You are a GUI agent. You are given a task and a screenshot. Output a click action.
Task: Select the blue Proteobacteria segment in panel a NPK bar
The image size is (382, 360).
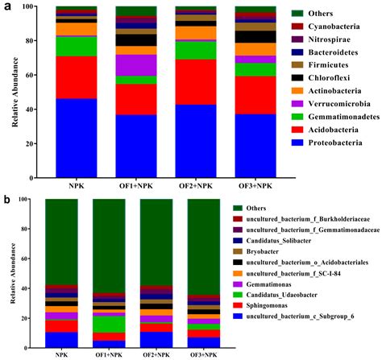(76, 136)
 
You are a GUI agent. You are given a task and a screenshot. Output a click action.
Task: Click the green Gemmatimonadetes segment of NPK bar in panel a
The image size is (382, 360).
(76, 46)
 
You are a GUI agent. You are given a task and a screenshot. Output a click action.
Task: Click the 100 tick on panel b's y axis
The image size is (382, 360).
(27, 199)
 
